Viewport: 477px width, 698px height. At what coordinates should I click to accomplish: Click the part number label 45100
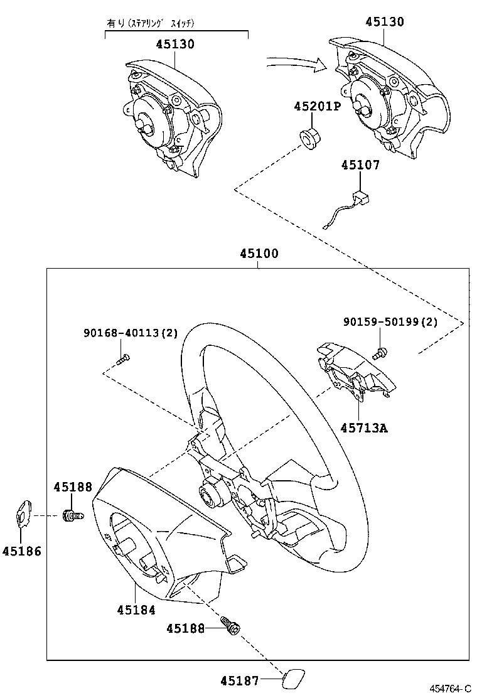[259, 254]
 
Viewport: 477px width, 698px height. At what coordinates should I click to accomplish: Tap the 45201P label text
[317, 107]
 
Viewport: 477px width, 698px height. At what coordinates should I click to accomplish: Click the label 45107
[360, 165]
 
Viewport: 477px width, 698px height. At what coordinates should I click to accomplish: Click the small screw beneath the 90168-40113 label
[124, 358]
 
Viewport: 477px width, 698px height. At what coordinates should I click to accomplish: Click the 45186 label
[21, 551]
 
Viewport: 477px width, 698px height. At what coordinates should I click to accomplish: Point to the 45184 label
[136, 609]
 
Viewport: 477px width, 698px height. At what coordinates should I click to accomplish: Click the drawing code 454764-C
[450, 689]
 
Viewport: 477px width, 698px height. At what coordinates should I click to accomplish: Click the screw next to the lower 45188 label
[231, 626]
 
